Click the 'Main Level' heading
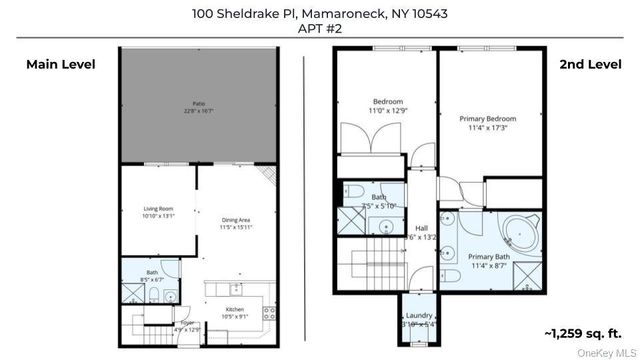61,65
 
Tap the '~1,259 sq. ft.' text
583,332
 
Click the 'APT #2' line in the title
320,29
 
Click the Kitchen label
235,310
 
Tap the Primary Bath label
488,257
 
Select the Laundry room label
420,315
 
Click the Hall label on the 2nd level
421,228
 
